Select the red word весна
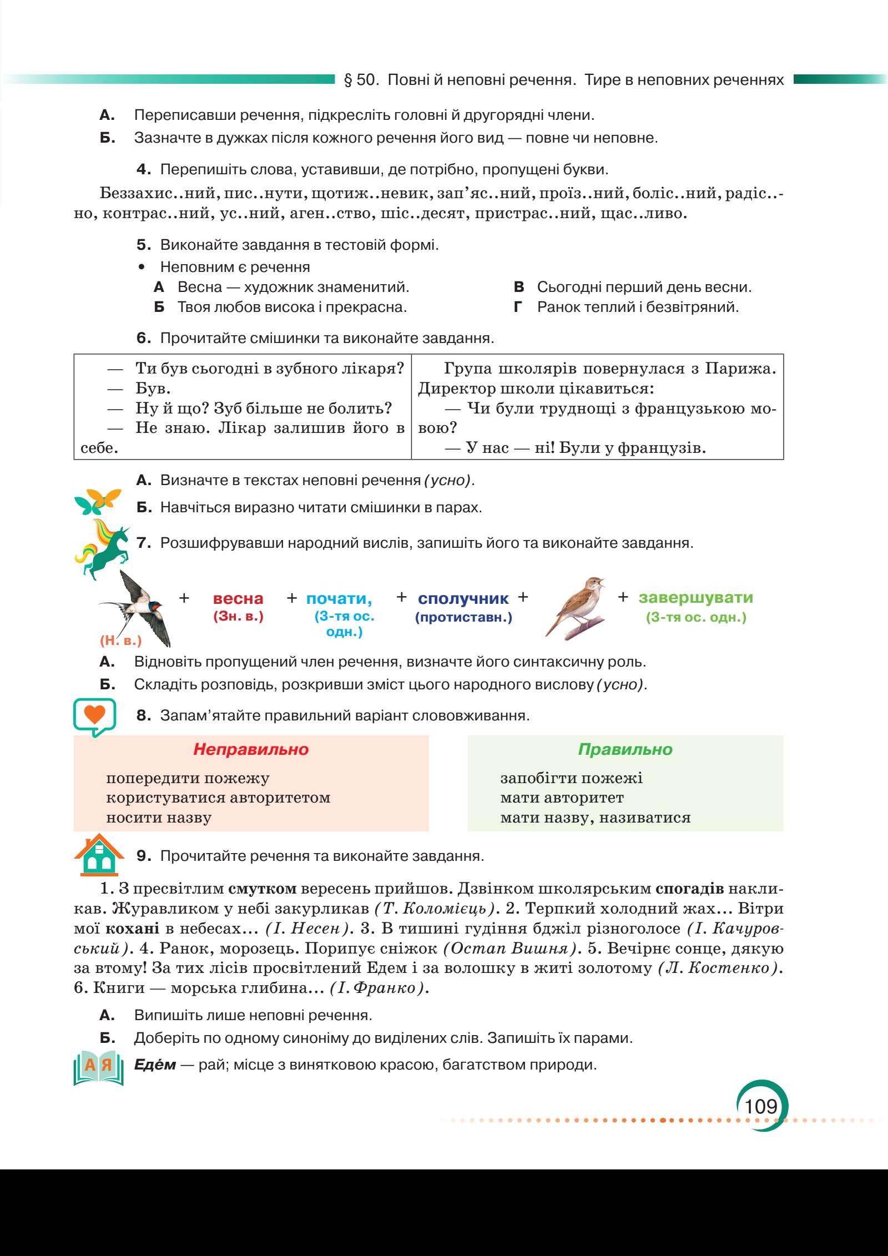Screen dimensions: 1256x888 [238, 599]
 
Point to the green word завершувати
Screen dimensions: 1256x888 [696, 597]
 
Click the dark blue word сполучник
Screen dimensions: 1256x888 [463, 598]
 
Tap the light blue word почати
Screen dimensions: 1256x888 [339, 598]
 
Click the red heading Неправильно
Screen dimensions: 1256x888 [251, 749]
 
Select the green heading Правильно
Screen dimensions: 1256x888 [625, 749]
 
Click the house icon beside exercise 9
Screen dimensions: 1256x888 [98, 854]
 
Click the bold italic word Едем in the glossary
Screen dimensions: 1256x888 [155, 1065]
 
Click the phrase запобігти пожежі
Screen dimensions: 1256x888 [571, 778]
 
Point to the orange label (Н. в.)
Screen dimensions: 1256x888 [121, 640]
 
